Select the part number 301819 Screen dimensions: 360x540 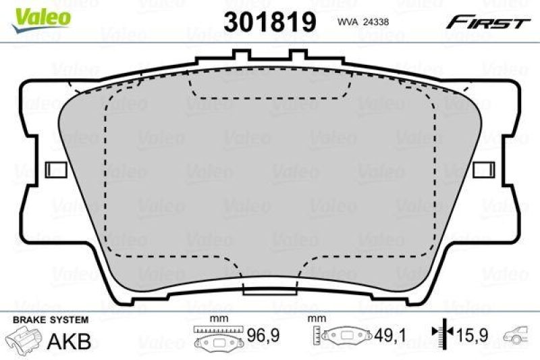coord(270,22)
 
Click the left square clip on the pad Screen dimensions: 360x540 coord(53,169)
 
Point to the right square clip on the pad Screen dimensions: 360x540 coord(484,169)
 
